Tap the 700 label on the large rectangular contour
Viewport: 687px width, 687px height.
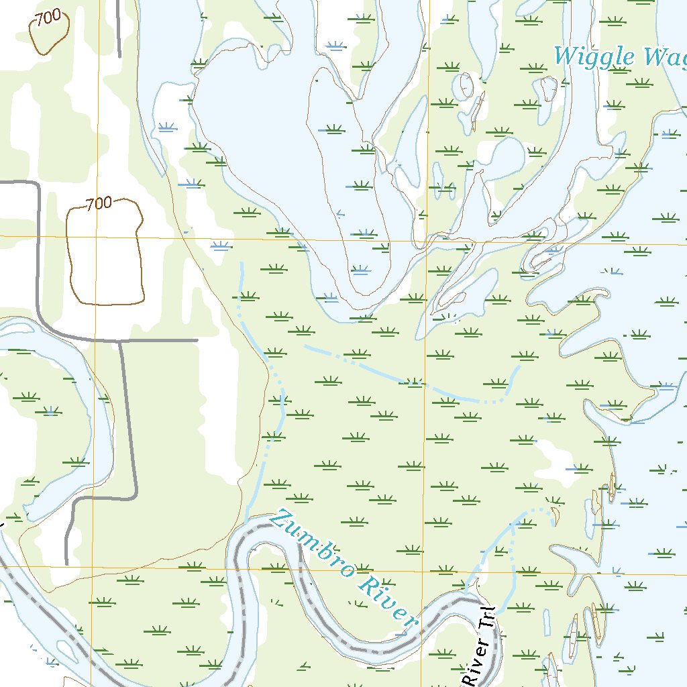(99, 204)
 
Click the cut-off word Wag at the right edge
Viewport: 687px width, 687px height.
(664, 58)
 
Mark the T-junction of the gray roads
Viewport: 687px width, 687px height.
(120, 341)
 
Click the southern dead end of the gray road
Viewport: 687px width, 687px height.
(67, 562)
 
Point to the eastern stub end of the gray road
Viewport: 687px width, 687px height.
(197, 341)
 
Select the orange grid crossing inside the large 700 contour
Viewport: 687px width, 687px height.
(96, 237)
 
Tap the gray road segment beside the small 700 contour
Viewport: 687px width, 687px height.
(119, 27)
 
